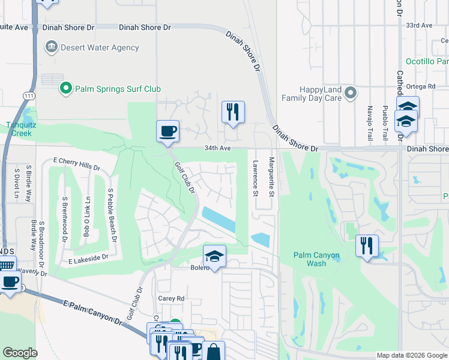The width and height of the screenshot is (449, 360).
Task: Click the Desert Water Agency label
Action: (100, 47)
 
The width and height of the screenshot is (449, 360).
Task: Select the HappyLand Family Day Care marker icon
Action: (351, 93)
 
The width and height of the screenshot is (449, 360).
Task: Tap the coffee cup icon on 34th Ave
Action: (167, 131)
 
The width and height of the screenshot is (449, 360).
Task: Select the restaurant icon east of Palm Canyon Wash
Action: (367, 245)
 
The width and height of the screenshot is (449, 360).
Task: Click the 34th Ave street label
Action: (217, 148)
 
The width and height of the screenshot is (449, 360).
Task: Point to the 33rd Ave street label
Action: (419, 25)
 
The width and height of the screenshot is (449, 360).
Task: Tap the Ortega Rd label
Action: (423, 86)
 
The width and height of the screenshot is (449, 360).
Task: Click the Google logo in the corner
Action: (20, 353)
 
